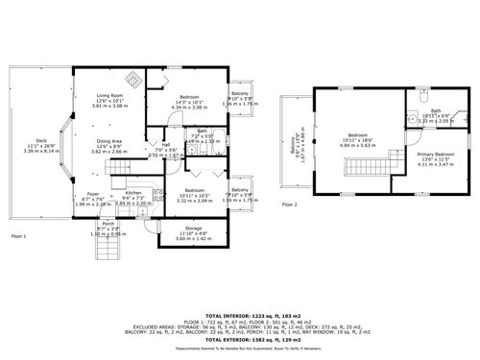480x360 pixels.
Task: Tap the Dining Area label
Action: [x=108, y=139]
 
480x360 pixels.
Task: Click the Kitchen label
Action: [x=132, y=193]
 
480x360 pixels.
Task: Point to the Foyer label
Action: [x=92, y=193]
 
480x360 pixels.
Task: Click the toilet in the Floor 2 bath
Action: [x=423, y=99]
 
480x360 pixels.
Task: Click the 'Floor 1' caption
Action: [x=18, y=235]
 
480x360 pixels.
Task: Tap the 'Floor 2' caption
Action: [x=290, y=205]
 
